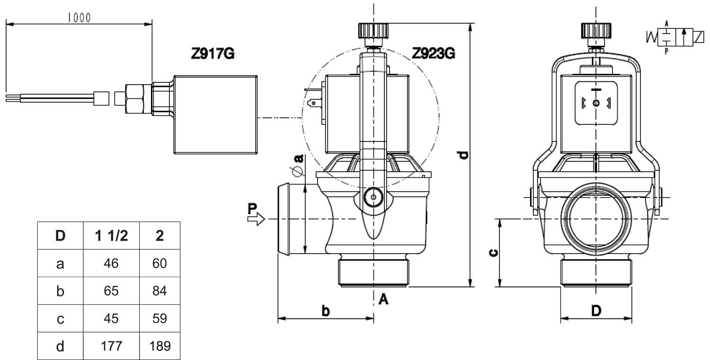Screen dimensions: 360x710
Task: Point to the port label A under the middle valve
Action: coord(384,299)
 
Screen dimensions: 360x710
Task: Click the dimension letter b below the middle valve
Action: coord(326,310)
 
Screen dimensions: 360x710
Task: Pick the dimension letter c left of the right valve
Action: coord(492,253)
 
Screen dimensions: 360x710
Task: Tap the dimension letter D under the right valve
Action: coord(596,311)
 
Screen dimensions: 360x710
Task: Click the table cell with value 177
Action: coord(112,346)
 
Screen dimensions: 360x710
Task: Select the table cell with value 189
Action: coord(160,346)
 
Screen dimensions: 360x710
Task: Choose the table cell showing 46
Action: coord(112,263)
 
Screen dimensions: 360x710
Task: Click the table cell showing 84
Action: coord(160,291)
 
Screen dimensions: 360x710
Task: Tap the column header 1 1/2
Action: coord(112,235)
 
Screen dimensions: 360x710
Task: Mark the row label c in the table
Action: coord(60,319)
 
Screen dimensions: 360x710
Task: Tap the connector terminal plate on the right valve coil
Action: coord(596,103)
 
